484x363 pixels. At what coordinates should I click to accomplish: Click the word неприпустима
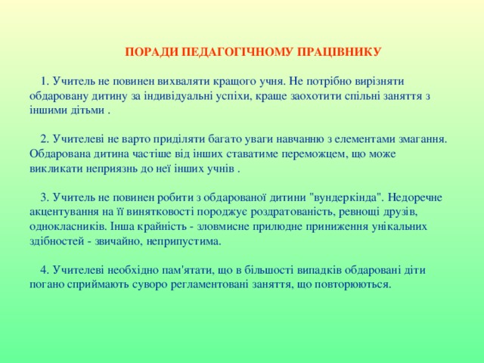click(188, 240)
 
